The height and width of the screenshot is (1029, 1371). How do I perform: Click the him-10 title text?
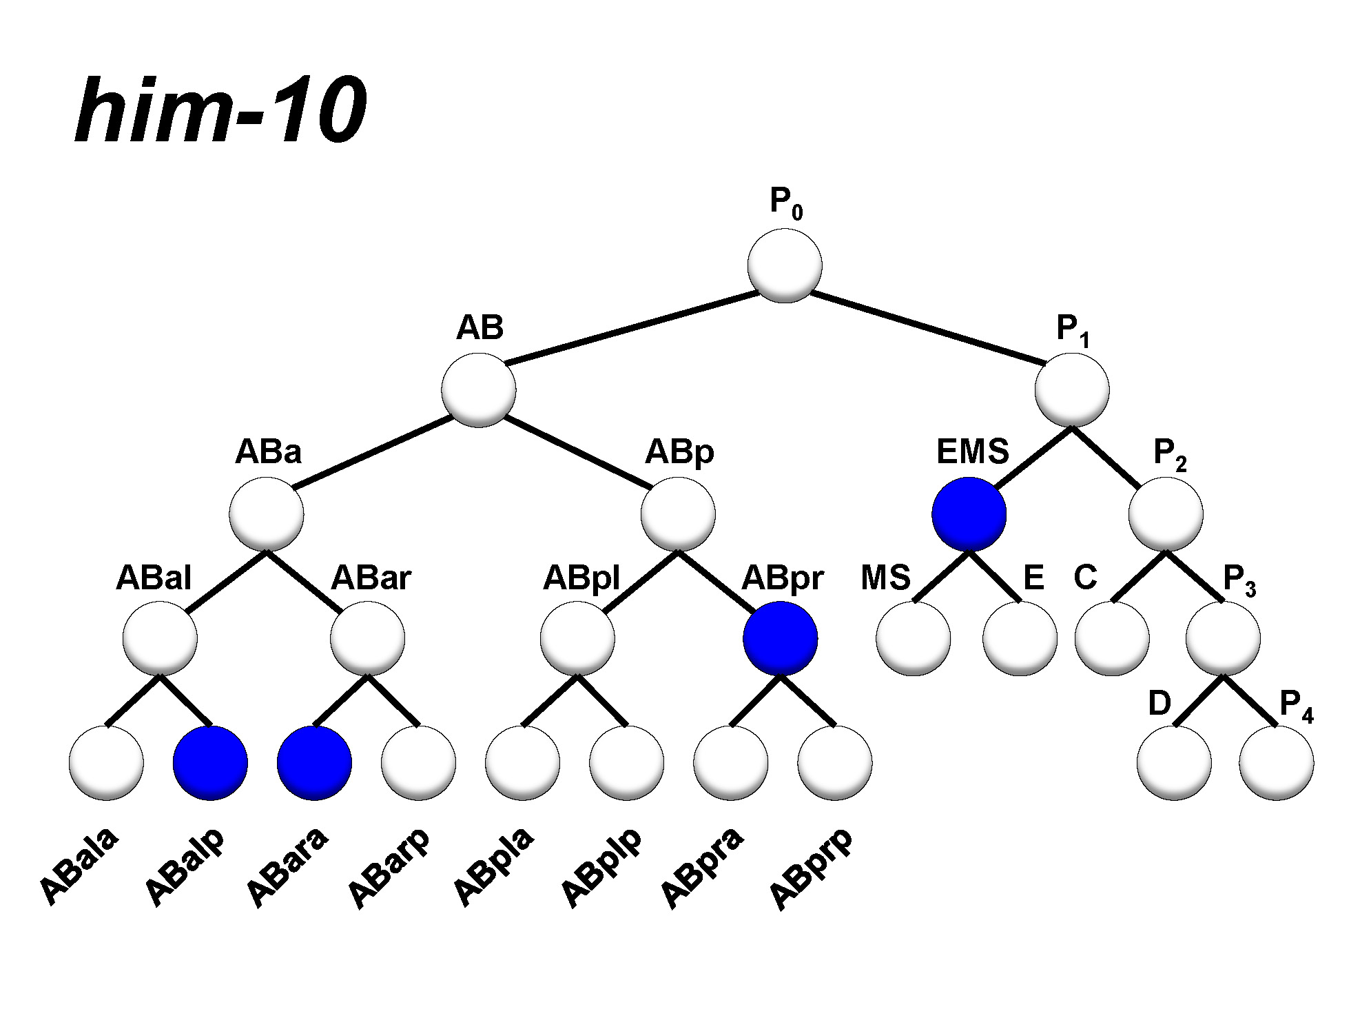[220, 110]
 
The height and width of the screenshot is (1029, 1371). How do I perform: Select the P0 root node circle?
[785, 265]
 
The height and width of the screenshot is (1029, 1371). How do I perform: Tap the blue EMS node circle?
[969, 514]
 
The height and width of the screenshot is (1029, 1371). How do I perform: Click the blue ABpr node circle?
[780, 638]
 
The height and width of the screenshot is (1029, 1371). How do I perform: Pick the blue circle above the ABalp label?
[210, 763]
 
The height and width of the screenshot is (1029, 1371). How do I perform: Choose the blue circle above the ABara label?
[314, 763]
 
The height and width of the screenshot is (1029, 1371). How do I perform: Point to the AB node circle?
[479, 390]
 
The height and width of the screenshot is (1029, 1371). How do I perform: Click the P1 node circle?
[1072, 390]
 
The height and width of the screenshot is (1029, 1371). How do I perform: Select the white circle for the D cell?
[1174, 763]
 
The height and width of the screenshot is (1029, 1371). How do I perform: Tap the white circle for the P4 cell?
[1277, 763]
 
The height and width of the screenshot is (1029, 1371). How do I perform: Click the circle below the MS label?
[914, 638]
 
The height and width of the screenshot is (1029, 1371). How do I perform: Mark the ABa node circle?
[267, 514]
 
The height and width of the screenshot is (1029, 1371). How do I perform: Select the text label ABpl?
[581, 578]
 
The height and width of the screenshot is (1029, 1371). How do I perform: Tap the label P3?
[1239, 580]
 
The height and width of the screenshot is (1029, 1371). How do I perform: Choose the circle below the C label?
[1112, 638]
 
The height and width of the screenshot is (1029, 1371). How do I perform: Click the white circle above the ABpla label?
[522, 763]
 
